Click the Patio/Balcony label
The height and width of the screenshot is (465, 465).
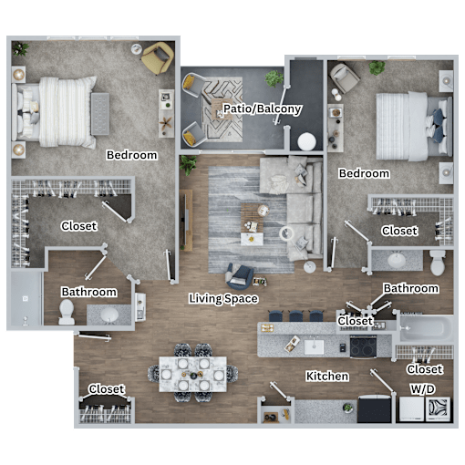pos(263,108)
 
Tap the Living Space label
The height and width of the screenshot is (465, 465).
pos(223,298)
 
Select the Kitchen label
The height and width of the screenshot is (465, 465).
pos(327,377)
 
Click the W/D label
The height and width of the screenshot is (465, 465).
pos(423,389)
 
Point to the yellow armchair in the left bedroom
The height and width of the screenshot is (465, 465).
pos(158,57)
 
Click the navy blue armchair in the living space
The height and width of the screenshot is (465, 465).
pos(240,276)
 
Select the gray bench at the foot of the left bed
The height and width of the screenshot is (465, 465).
pos(100,114)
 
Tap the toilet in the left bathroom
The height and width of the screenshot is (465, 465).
pos(67,312)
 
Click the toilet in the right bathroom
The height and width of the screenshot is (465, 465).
pos(438,263)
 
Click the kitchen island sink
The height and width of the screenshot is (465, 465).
pos(314,346)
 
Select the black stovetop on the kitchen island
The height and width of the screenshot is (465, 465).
pos(363,346)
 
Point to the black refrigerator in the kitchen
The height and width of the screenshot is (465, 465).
pos(375,409)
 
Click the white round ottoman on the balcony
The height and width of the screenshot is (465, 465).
pos(306,141)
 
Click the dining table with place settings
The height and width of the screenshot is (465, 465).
pos(192,374)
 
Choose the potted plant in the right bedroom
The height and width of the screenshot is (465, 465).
pos(377,67)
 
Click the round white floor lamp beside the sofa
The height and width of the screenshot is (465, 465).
pos(286,233)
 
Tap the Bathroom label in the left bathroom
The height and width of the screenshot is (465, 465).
pos(88,292)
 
